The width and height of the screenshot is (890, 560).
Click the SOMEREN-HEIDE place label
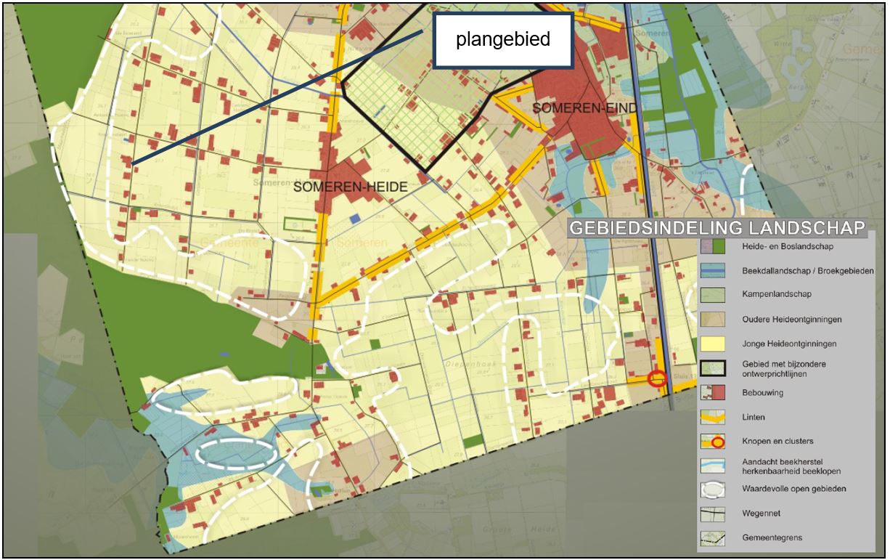[x=351, y=187]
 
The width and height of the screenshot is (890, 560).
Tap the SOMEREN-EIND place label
[x=585, y=108]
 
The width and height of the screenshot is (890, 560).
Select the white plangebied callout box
[x=502, y=40]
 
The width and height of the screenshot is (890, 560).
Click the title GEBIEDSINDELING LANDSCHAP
[x=717, y=227]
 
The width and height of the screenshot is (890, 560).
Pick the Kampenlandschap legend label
[x=777, y=295]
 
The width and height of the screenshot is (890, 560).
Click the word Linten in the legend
[x=754, y=418]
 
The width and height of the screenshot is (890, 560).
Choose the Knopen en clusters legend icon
[x=713, y=442]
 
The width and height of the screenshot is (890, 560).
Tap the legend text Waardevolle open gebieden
[x=793, y=489]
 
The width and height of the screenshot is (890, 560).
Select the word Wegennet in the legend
[x=762, y=514]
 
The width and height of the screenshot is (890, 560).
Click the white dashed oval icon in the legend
[x=713, y=489]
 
